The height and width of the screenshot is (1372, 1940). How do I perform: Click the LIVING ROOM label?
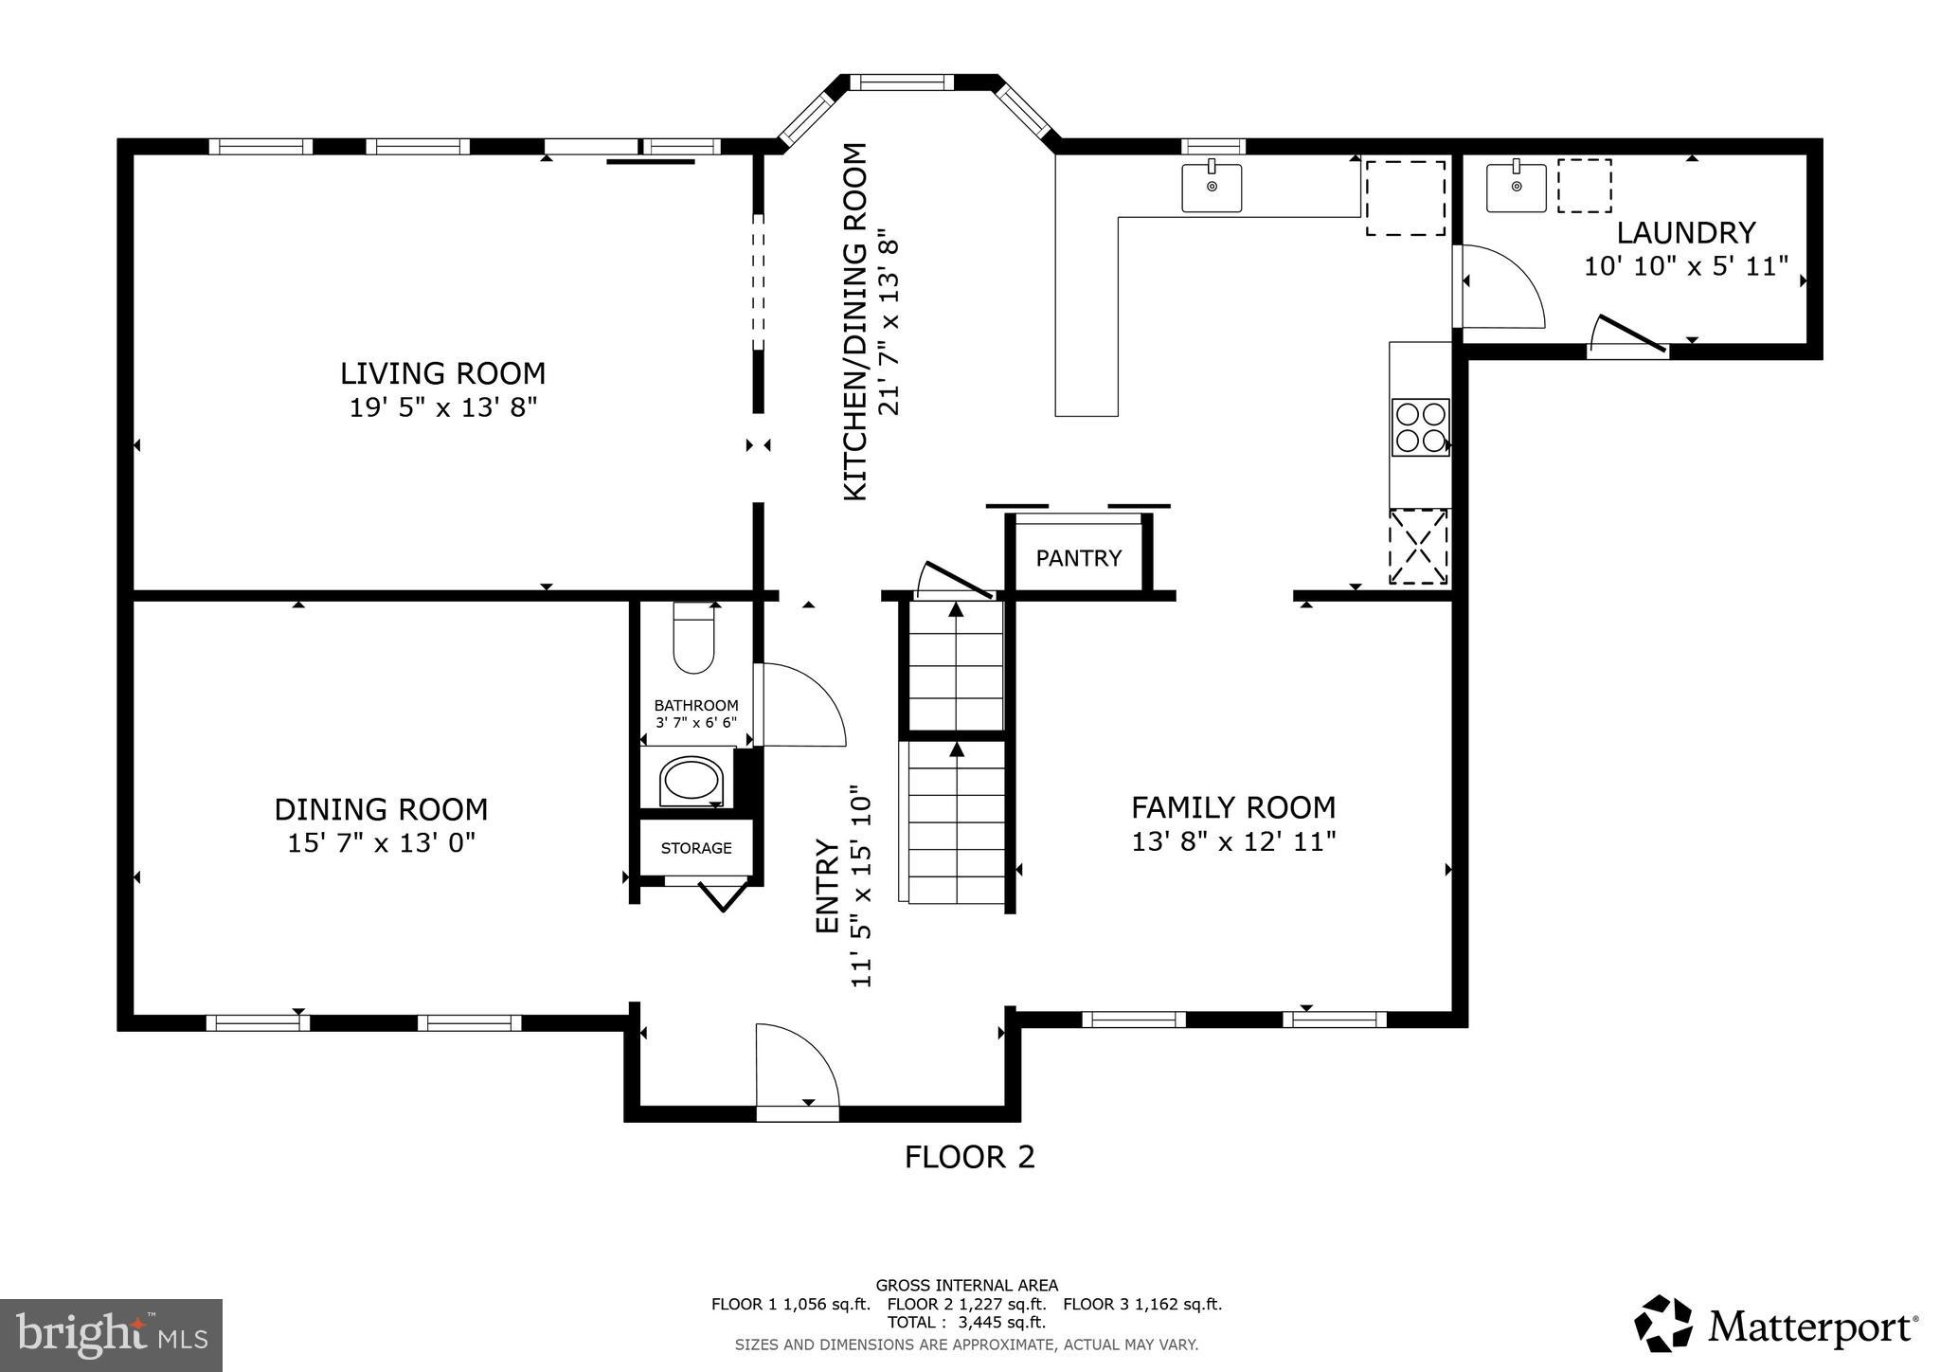[x=442, y=372]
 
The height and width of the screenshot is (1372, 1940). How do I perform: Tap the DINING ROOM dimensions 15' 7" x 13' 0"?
[x=381, y=842]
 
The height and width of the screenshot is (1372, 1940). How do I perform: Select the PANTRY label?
[x=1078, y=558]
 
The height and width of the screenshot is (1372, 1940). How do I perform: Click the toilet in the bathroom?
[x=693, y=640]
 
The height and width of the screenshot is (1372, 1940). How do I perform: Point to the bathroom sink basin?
[x=692, y=781]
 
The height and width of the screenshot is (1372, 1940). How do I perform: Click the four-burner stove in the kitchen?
[x=1419, y=427]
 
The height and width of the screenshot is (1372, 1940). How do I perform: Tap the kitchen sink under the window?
[x=1212, y=188]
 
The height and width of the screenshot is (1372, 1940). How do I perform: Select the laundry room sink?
[x=1516, y=188]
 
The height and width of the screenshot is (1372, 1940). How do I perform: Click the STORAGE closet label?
[x=696, y=848]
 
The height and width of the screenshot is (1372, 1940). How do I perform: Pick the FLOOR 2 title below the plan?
[x=969, y=1157]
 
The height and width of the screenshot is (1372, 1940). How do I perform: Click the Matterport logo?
[x=1776, y=1326]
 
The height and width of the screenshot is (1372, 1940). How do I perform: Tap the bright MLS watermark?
[x=112, y=1335]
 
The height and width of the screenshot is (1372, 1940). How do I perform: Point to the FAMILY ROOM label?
[x=1233, y=807]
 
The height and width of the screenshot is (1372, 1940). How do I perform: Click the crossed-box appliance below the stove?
[x=1418, y=547]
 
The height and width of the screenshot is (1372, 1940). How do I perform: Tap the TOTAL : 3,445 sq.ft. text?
[x=966, y=1322]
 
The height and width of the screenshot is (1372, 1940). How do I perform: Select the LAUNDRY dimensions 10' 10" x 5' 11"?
[x=1686, y=266]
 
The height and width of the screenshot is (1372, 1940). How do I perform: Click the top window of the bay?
[x=901, y=82]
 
